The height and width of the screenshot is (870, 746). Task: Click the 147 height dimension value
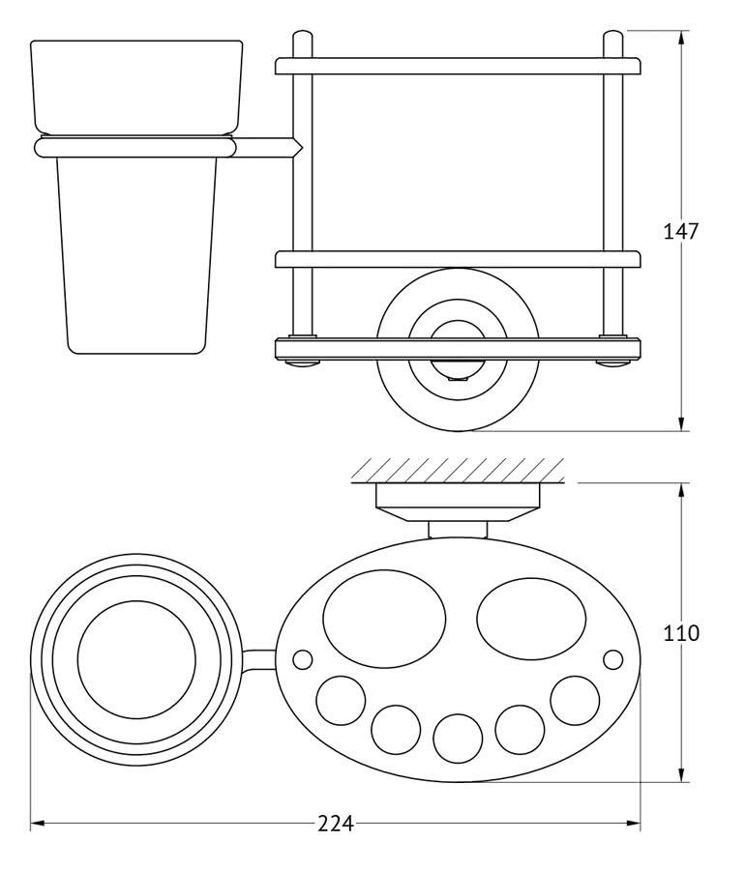(681, 231)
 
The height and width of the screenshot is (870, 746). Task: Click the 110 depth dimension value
(681, 632)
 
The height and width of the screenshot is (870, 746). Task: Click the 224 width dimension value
(336, 824)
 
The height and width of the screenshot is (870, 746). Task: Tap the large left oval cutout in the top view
(384, 619)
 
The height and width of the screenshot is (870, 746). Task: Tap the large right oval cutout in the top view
(531, 619)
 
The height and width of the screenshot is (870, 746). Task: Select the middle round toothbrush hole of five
(458, 739)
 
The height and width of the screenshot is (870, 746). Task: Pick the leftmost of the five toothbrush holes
(341, 700)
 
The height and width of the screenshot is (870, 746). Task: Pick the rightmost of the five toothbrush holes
(576, 700)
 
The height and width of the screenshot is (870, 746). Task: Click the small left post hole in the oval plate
(303, 659)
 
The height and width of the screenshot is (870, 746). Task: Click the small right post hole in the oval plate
(613, 659)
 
